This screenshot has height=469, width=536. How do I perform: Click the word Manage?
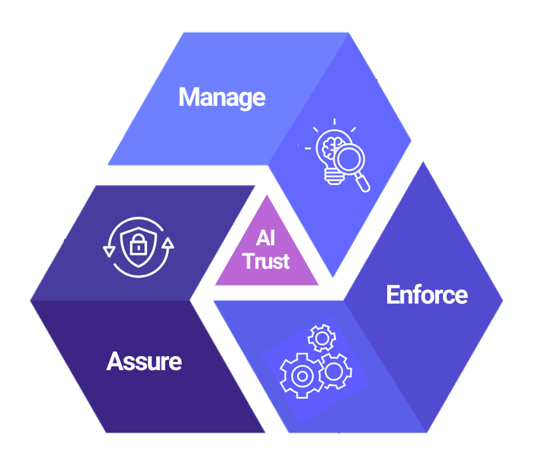222,98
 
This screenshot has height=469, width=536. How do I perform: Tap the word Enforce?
426,295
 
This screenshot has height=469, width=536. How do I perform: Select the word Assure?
144,361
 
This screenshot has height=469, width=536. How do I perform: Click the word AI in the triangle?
266,239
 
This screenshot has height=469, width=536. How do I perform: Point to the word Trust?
266,260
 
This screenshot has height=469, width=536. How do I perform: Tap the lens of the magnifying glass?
347,159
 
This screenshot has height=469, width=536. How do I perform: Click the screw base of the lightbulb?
332,178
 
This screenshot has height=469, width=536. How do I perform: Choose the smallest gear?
321,338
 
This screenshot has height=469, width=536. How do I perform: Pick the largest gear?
302,375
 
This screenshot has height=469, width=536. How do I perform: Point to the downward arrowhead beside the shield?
108,250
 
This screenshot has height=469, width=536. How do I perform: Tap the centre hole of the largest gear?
302,375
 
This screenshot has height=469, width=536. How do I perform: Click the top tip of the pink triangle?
266,196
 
